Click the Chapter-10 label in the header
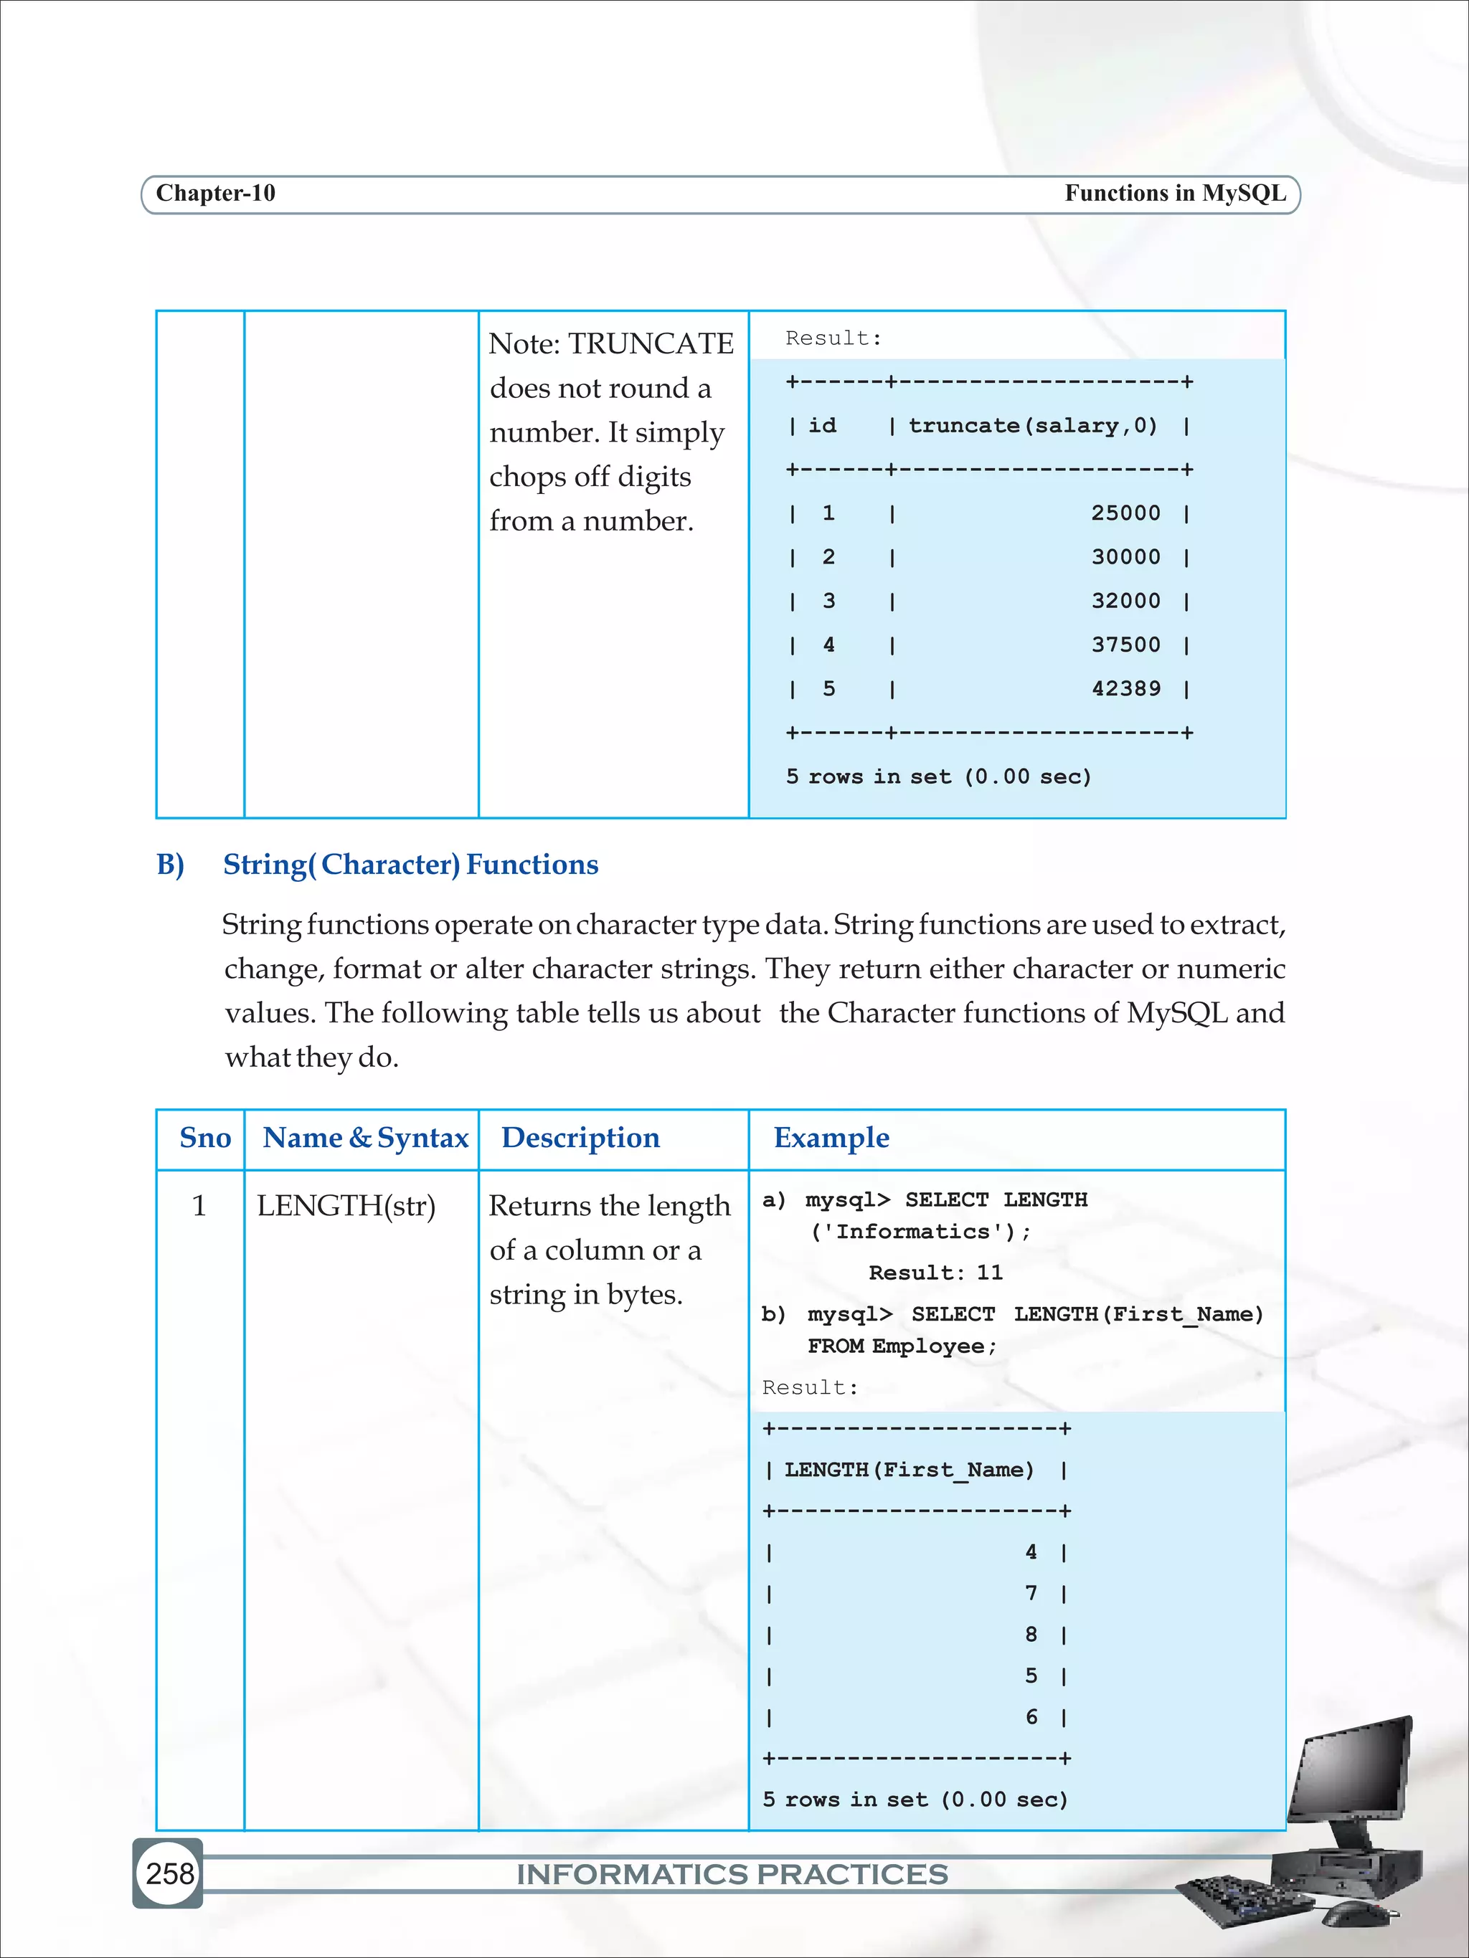tap(215, 193)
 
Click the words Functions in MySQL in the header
tap(1174, 193)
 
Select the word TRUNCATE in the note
tap(651, 343)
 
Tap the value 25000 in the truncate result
tap(1125, 513)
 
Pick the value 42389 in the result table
tap(1125, 689)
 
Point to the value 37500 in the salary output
tap(1125, 645)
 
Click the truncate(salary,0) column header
tap(1032, 426)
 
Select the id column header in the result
tap(822, 426)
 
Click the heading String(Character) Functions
tap(410, 865)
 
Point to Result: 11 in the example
tap(935, 1273)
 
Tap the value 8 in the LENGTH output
tap(1031, 1635)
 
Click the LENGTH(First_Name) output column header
tap(909, 1470)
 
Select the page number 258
tap(169, 1874)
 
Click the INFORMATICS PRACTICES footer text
tap(732, 1875)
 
